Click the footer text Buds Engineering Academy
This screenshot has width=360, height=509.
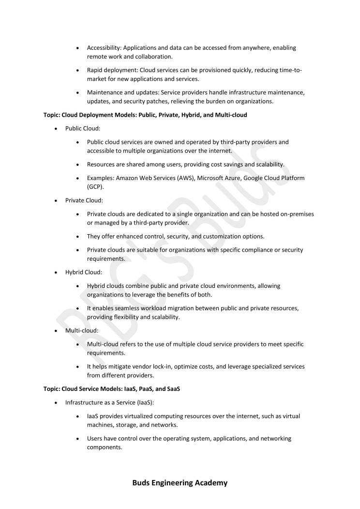[x=180, y=482]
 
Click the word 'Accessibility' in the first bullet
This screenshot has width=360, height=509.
[x=104, y=48]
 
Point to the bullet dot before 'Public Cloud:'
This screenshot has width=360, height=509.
[x=57, y=129]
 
